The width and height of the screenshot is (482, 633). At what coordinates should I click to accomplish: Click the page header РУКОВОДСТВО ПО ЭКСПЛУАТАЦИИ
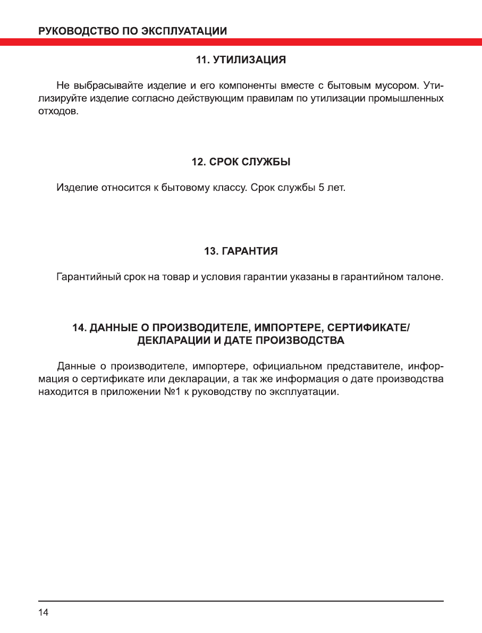(133, 31)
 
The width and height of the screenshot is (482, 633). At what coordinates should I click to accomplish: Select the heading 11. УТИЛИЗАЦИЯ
(241, 61)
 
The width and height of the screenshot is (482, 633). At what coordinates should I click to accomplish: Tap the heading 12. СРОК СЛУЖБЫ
(241, 162)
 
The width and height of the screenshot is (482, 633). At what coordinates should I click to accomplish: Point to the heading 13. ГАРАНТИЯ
(241, 251)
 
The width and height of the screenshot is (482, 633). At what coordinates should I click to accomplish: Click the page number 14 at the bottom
(43, 613)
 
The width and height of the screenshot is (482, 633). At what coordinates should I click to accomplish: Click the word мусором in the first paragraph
(386, 86)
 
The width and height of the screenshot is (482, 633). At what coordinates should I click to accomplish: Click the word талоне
(426, 277)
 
